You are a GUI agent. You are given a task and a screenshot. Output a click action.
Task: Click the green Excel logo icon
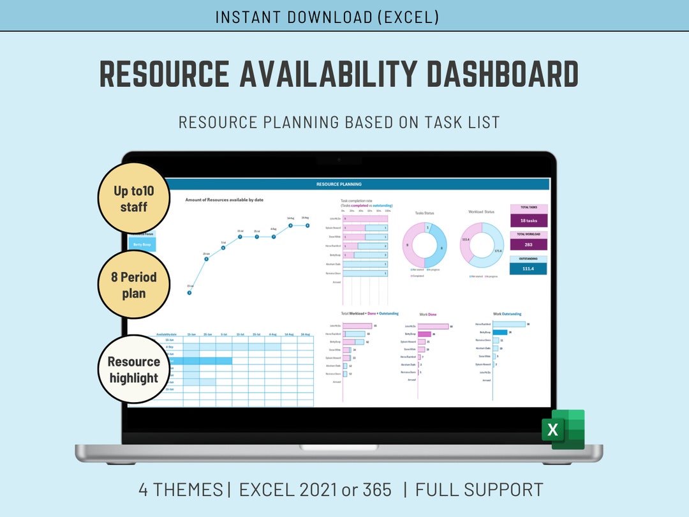[x=563, y=429]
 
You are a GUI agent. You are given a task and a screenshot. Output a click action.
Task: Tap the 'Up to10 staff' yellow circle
[x=133, y=199]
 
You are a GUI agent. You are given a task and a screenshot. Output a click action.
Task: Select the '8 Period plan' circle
[x=133, y=285]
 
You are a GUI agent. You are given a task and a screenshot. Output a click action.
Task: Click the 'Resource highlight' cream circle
[x=133, y=370]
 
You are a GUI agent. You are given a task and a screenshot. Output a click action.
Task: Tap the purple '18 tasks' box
[x=528, y=220]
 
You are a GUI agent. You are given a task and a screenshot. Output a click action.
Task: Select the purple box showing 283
[x=528, y=244]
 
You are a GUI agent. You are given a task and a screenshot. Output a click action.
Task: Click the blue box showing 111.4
[x=528, y=269]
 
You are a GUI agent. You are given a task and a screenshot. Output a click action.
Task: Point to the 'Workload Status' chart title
[x=481, y=212]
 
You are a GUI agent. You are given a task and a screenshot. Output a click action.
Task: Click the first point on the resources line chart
[x=189, y=293]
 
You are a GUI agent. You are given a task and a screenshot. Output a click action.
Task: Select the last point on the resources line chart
[x=307, y=225]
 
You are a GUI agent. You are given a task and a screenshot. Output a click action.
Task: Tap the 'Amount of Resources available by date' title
[x=224, y=200]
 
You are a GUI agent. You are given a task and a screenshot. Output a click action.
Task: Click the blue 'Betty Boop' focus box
[x=142, y=244]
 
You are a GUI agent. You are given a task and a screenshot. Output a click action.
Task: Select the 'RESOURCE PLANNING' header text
[x=339, y=184]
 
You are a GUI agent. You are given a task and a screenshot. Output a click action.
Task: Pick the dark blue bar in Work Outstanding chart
[x=500, y=332]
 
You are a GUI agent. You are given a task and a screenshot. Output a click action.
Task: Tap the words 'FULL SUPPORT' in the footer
[x=479, y=490]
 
